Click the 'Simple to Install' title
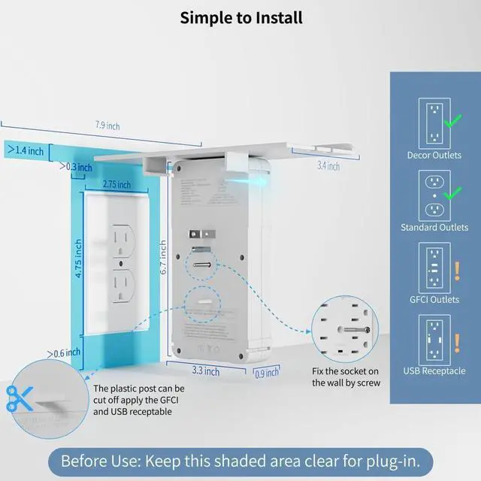(240, 17)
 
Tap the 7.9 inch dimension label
(107, 126)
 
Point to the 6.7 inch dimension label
(163, 258)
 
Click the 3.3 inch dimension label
(205, 371)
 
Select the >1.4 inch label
(26, 150)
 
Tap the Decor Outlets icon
(434, 122)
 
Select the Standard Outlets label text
(434, 228)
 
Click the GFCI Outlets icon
(434, 267)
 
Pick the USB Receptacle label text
(434, 371)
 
